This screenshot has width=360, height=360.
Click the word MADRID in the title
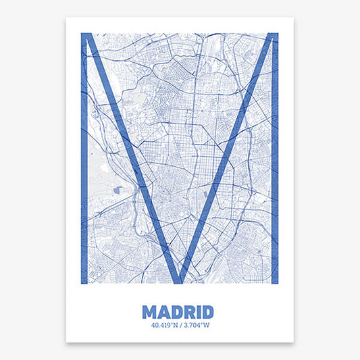[178, 312]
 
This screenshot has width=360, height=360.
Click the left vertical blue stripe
[84, 169]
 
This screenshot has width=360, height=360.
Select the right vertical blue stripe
[274, 169]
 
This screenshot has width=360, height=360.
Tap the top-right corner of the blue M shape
[276, 34]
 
